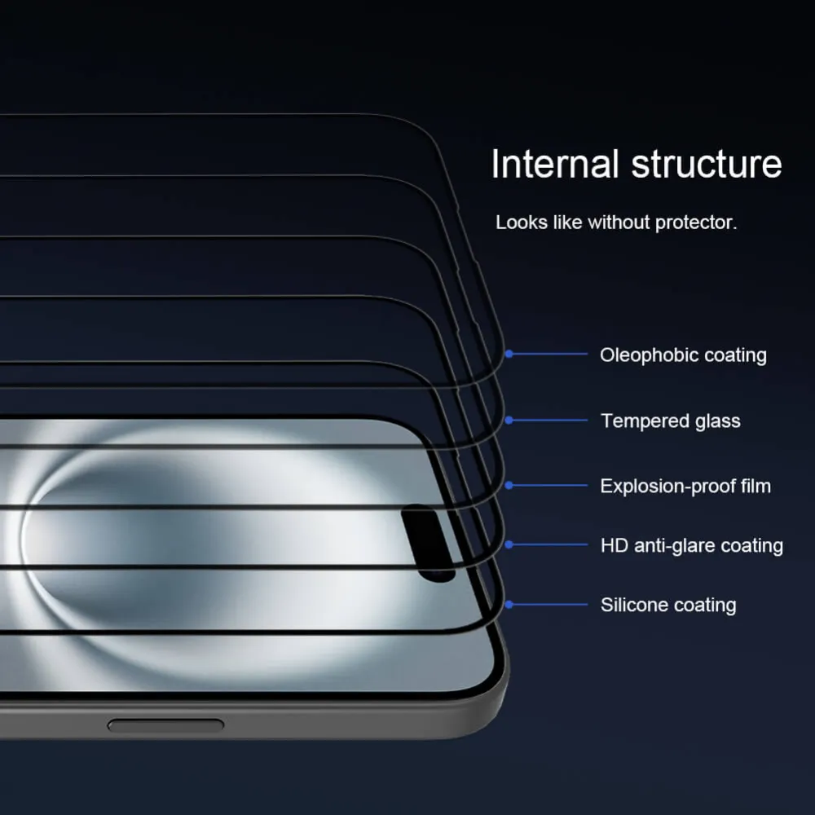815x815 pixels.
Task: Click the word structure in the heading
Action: pos(707,164)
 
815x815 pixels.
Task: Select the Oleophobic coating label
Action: pos(683,355)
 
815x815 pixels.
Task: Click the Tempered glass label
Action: pos(671,421)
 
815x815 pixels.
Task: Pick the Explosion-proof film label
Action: pos(685,487)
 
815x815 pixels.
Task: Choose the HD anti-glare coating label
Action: pos(691,546)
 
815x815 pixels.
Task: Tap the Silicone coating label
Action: pos(668,605)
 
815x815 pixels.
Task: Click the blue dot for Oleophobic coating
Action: pos(509,354)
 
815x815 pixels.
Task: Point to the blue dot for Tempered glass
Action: pos(509,421)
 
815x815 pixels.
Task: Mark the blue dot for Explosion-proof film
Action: pos(509,485)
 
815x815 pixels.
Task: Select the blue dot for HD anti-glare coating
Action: pos(509,544)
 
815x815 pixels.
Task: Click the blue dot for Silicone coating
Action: pos(509,604)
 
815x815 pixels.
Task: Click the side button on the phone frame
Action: pos(165,725)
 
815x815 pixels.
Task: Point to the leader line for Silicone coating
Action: pos(550,604)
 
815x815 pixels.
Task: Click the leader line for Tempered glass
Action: pos(550,421)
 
